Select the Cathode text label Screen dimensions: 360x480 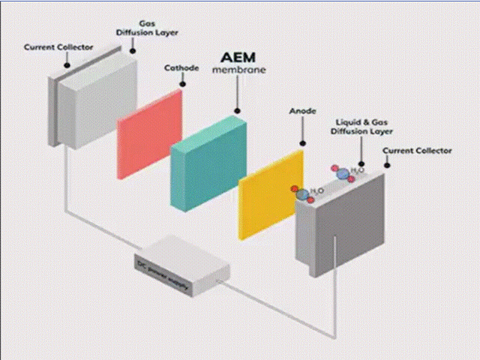coord(181,67)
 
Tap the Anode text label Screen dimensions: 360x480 coord(302,111)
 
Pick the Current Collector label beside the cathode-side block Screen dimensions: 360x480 coord(58,46)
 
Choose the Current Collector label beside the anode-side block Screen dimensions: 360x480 coord(418,151)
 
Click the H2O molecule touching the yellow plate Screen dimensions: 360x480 coord(303,193)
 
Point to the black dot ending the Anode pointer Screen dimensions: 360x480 coord(302,142)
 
